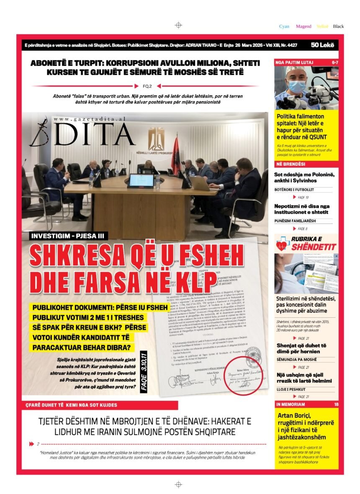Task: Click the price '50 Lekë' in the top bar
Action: point(322,45)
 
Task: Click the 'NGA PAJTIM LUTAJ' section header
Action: point(295,62)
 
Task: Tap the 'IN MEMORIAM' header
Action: point(291,404)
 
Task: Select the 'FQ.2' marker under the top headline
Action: point(147,86)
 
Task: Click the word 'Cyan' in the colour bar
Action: point(284,26)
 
